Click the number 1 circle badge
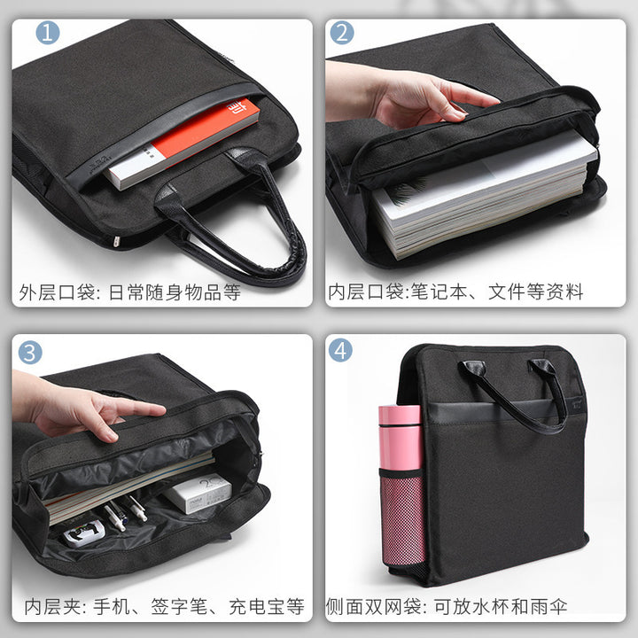click(48, 33)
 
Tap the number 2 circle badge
click(342, 33)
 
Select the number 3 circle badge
click(30, 353)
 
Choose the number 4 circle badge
click(340, 350)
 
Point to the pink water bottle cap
click(400, 416)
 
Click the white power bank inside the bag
click(198, 494)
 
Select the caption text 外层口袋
click(58, 292)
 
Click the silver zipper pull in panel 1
click(116, 242)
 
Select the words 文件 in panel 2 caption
click(507, 292)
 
